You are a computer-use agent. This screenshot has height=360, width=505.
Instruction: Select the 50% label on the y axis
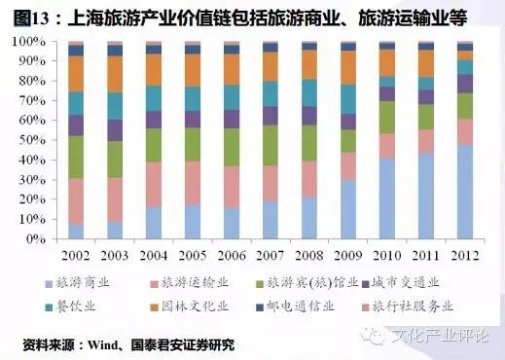29,139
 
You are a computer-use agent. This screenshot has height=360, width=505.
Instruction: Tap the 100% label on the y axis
26,42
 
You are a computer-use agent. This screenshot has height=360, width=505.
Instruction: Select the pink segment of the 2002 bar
76,200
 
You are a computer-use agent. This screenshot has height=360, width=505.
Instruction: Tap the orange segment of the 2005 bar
193,70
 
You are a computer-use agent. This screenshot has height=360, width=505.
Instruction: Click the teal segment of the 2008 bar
309,92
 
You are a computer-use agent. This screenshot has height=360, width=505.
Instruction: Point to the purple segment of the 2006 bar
232,119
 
